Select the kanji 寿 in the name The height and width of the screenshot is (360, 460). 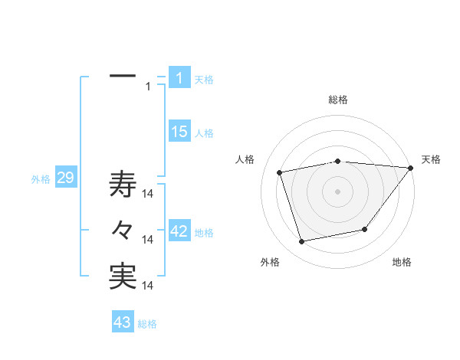(x=123, y=185)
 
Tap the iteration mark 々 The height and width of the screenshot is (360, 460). (x=123, y=231)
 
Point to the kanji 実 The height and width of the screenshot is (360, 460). (x=123, y=277)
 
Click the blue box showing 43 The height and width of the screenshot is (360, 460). (x=123, y=322)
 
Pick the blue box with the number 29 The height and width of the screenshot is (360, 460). (x=65, y=178)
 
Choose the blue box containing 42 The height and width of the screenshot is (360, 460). (x=179, y=231)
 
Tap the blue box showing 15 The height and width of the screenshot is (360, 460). (x=179, y=132)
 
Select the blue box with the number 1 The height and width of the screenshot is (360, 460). (x=179, y=78)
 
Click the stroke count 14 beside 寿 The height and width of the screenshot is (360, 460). (x=149, y=194)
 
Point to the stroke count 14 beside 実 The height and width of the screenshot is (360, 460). (x=149, y=286)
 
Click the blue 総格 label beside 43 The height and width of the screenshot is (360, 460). (x=147, y=324)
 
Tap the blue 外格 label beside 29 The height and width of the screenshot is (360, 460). (x=41, y=179)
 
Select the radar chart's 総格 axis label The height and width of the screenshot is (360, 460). (x=338, y=100)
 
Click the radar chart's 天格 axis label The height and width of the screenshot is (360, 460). (x=431, y=159)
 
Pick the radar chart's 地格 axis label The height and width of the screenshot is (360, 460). (x=402, y=262)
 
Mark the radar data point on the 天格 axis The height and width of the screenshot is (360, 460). (x=411, y=168)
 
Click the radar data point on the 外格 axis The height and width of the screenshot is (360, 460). (x=302, y=242)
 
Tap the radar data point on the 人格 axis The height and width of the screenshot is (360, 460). (x=280, y=172)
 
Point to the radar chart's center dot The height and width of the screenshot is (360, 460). (x=338, y=191)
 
